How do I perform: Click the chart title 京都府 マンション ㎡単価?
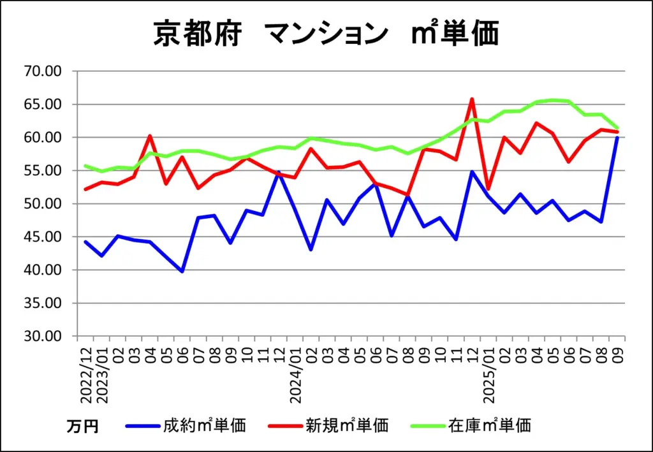pos(325,33)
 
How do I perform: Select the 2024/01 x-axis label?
pos(295,376)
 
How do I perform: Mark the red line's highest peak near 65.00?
pos(472,99)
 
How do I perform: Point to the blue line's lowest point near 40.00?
pos(182,272)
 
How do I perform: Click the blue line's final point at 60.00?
pos(617,138)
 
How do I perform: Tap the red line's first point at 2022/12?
pos(85,189)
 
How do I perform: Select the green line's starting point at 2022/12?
pos(85,166)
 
